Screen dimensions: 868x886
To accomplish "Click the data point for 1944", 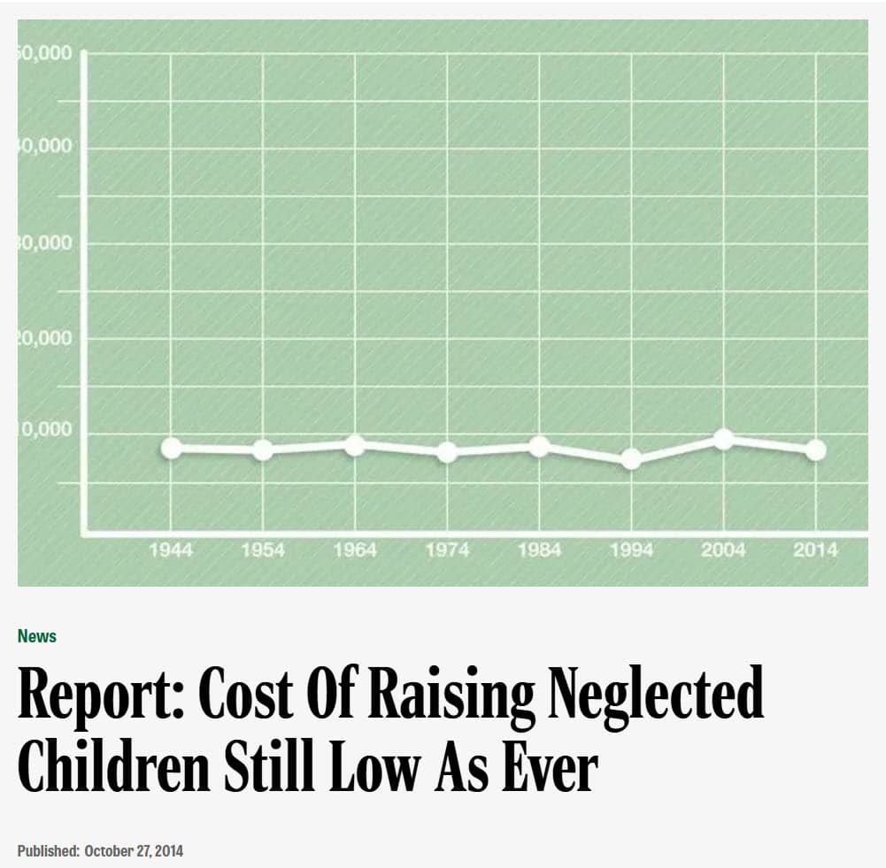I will tap(171, 448).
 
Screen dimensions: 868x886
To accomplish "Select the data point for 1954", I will tap(263, 449).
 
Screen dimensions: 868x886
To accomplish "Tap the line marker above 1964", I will tap(355, 444).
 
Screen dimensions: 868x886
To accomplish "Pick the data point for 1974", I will tap(447, 452).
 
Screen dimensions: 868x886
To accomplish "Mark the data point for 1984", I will tap(539, 447).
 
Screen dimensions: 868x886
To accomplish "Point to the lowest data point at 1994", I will tap(631, 458).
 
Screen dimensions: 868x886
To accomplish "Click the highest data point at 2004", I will tap(723, 438).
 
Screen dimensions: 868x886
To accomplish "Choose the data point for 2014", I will tap(815, 449).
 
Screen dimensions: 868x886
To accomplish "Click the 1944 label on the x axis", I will tap(171, 550).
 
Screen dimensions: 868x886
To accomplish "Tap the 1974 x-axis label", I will tap(447, 550).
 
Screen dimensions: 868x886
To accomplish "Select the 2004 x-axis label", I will tap(723, 550).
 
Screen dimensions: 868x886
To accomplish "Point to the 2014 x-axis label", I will tap(815, 550).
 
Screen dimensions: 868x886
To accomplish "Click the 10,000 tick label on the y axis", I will tap(44, 431).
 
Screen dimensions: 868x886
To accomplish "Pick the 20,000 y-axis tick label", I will tap(44, 338).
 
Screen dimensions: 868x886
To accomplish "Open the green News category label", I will tap(37, 636).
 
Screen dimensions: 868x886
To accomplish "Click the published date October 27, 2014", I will tap(134, 851).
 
